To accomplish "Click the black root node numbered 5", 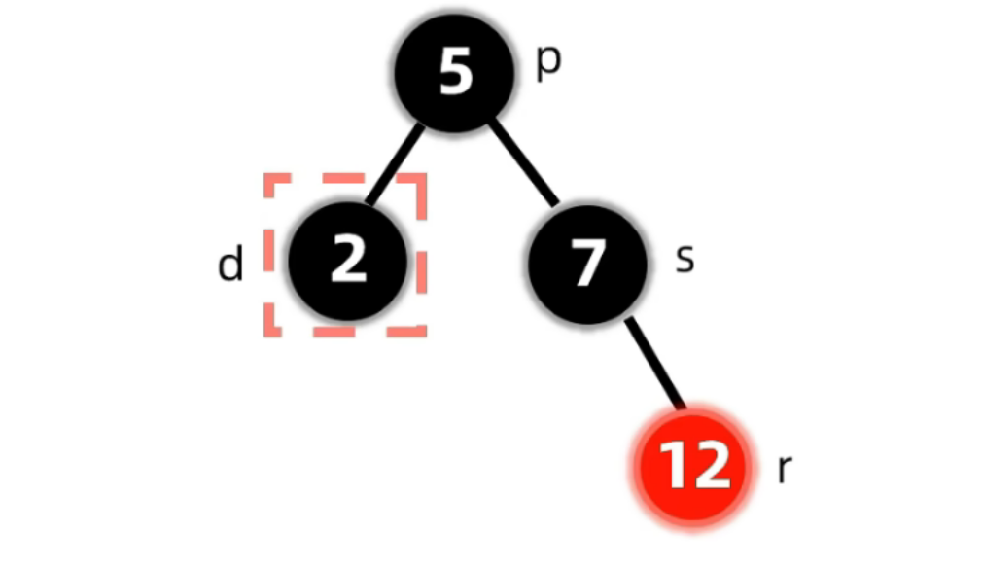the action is click(454, 74).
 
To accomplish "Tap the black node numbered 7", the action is click(586, 264).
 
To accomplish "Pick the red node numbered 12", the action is click(693, 464).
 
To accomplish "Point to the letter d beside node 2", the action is click(230, 264).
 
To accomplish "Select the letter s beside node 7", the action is click(685, 259).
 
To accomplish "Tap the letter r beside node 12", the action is click(785, 469).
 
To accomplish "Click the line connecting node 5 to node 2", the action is click(397, 164).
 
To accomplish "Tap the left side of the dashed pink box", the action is click(268, 255).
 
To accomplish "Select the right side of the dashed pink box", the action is click(422, 255).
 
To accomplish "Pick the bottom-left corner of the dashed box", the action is click(269, 332).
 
